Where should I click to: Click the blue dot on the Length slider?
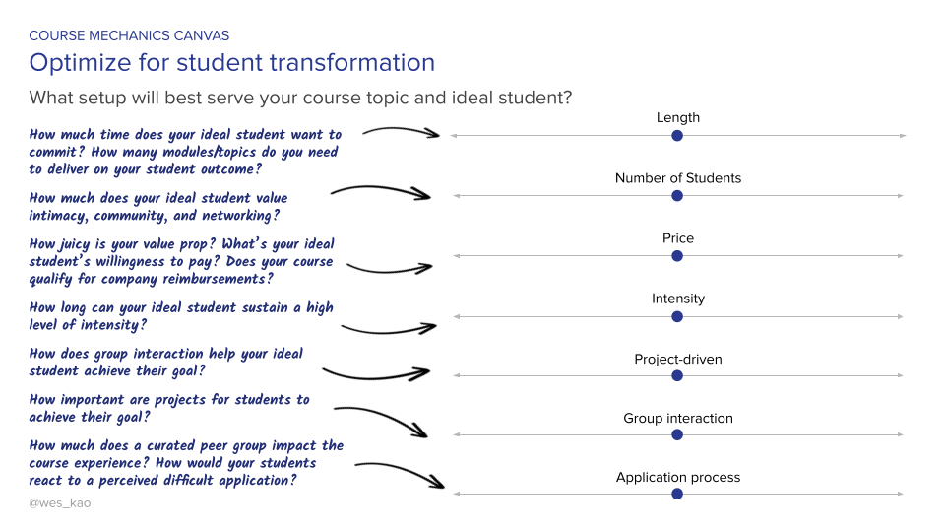click(677, 136)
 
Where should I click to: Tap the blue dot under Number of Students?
click(677, 196)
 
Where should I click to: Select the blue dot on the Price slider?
click(677, 256)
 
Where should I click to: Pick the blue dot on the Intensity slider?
click(677, 316)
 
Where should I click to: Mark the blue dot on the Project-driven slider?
click(677, 375)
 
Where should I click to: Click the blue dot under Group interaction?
click(677, 434)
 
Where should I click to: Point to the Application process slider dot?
click(677, 494)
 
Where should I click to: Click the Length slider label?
click(677, 118)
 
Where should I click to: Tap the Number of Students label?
click(677, 178)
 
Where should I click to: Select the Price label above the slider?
click(677, 238)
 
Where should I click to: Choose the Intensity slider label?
click(677, 299)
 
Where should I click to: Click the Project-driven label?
click(677, 359)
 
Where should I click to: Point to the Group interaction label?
click(677, 418)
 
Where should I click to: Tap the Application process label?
click(677, 477)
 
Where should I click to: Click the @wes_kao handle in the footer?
click(60, 502)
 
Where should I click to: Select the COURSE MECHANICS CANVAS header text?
click(129, 36)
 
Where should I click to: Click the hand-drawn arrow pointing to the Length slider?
click(402, 132)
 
